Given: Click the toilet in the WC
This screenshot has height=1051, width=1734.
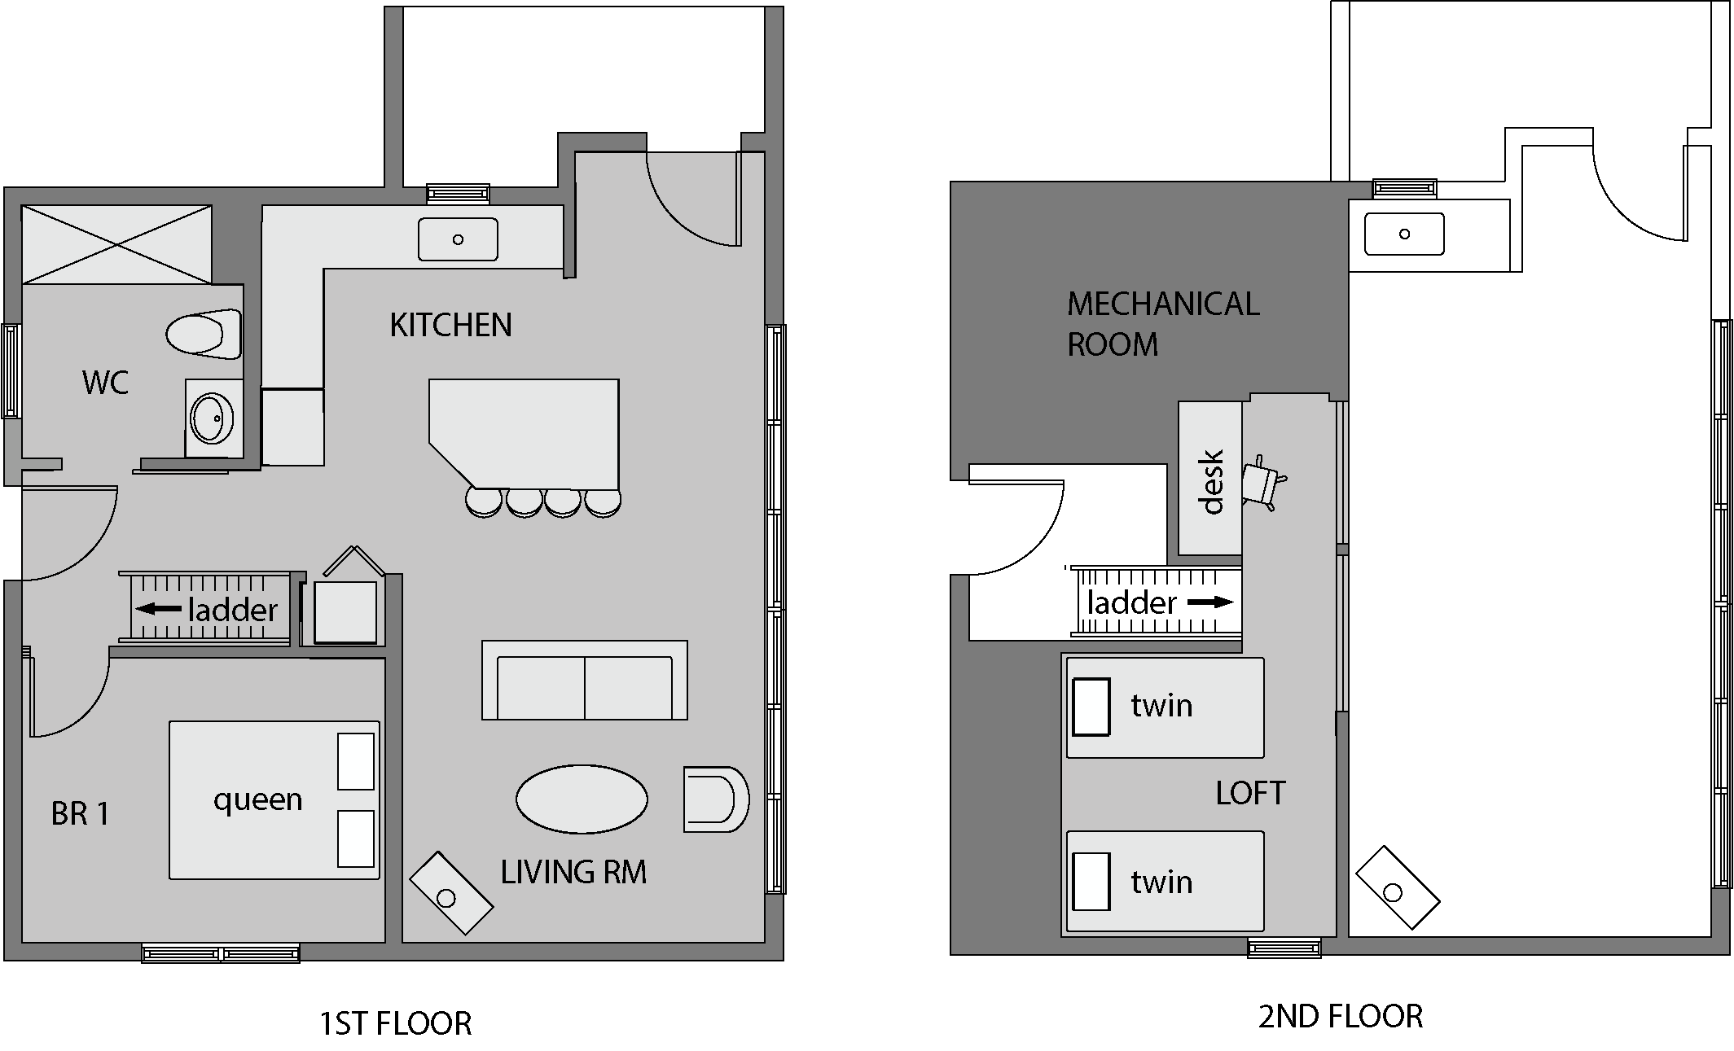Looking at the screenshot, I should [x=204, y=334].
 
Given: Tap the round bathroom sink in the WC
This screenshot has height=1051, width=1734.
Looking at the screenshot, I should [x=212, y=418].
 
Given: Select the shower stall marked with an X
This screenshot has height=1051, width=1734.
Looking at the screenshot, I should [x=116, y=244].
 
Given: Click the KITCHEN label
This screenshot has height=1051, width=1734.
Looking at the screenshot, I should [x=450, y=326].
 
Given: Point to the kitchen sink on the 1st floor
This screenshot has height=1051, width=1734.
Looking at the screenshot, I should [x=458, y=239].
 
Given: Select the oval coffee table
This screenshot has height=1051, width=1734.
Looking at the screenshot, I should [x=582, y=799].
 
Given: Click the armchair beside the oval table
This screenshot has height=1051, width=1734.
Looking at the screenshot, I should [x=714, y=799].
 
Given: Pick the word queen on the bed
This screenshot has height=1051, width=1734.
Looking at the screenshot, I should [x=257, y=800].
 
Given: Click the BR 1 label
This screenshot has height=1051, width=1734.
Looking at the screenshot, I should [x=80, y=813].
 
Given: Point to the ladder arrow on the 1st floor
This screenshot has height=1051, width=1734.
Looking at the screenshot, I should [x=158, y=609].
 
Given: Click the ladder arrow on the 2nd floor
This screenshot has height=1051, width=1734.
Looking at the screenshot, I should [x=1210, y=602].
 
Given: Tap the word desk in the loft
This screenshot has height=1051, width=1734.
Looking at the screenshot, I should [x=1213, y=481].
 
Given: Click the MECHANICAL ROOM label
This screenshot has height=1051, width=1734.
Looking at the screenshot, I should [x=1162, y=324].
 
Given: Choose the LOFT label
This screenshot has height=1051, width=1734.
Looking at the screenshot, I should [x=1250, y=793].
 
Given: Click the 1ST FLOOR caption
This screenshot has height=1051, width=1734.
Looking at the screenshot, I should [x=395, y=1023].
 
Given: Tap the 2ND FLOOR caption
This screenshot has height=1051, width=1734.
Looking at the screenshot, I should [x=1340, y=1017].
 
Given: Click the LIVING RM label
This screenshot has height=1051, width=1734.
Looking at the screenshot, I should [x=573, y=873].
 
